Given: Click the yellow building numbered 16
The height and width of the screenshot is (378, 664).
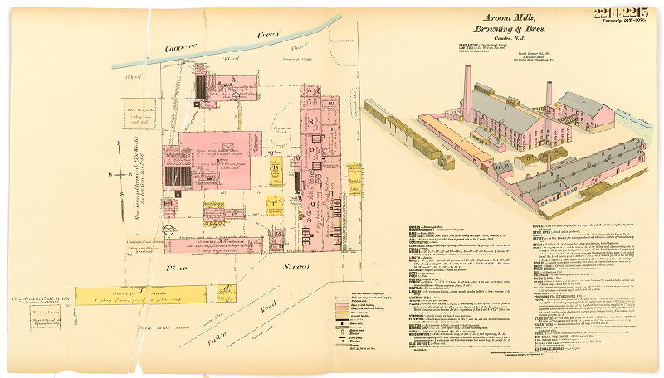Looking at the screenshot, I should coord(275,169).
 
